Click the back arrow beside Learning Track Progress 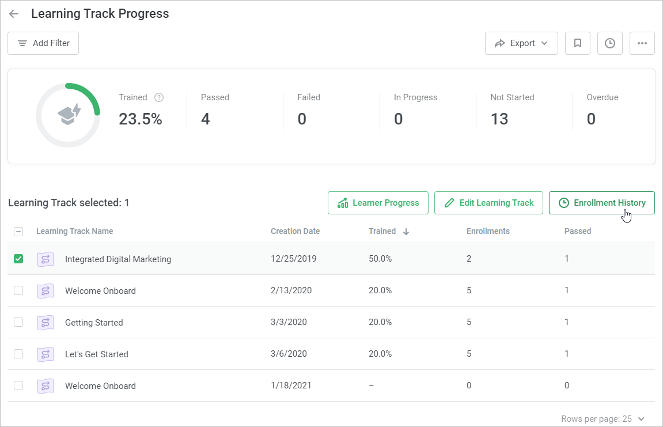tap(14, 14)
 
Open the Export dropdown tap(521, 43)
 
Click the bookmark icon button tap(578, 43)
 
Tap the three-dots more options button tap(642, 43)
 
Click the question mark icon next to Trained tap(159, 97)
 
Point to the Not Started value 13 tap(499, 119)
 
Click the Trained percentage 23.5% tap(141, 119)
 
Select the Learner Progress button tap(378, 203)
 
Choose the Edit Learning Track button tap(488, 203)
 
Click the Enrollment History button tap(601, 203)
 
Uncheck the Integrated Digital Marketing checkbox tap(18, 259)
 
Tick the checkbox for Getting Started tap(18, 322)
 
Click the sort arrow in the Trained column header tap(406, 232)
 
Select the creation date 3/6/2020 tap(289, 354)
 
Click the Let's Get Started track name tap(96, 354)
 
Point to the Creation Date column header tap(295, 231)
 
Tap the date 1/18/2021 tap(291, 386)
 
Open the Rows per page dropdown tap(603, 418)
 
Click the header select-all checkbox tap(18, 232)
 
